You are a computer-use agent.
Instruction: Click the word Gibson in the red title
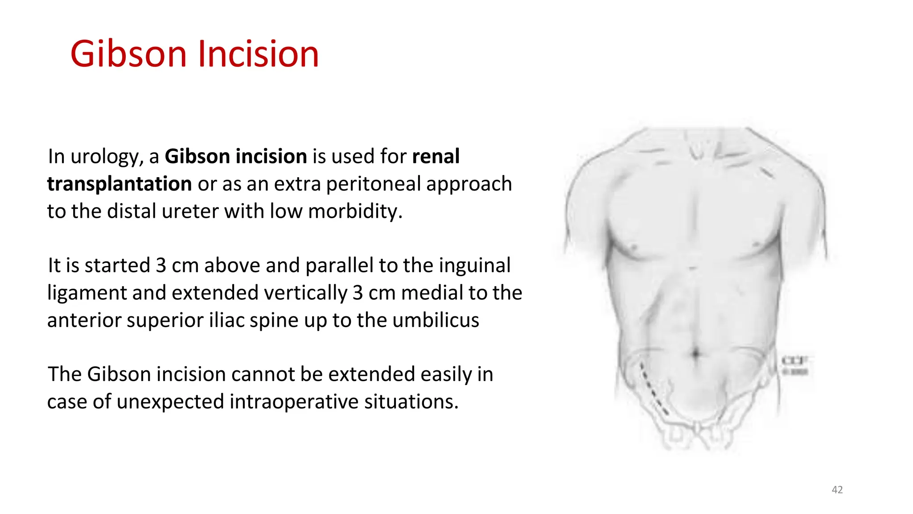[128, 54]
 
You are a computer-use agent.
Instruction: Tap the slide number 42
[837, 490]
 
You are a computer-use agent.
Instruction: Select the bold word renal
[436, 157]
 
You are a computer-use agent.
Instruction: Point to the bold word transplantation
[119, 184]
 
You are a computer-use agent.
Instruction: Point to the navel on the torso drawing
[696, 354]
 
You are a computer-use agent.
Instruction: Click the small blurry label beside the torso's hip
[795, 365]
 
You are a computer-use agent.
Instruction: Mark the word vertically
[305, 293]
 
